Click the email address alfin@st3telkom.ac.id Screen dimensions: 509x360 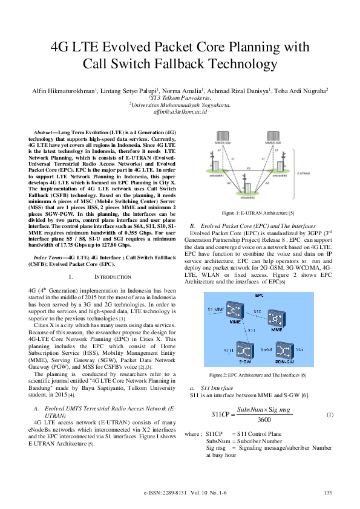pos(180,112)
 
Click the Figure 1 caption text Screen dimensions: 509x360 pos(258,213)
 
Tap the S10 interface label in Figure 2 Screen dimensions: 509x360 pos(257,311)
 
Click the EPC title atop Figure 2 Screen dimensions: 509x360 pos(259,295)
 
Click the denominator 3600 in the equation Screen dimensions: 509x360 pos(264,419)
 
